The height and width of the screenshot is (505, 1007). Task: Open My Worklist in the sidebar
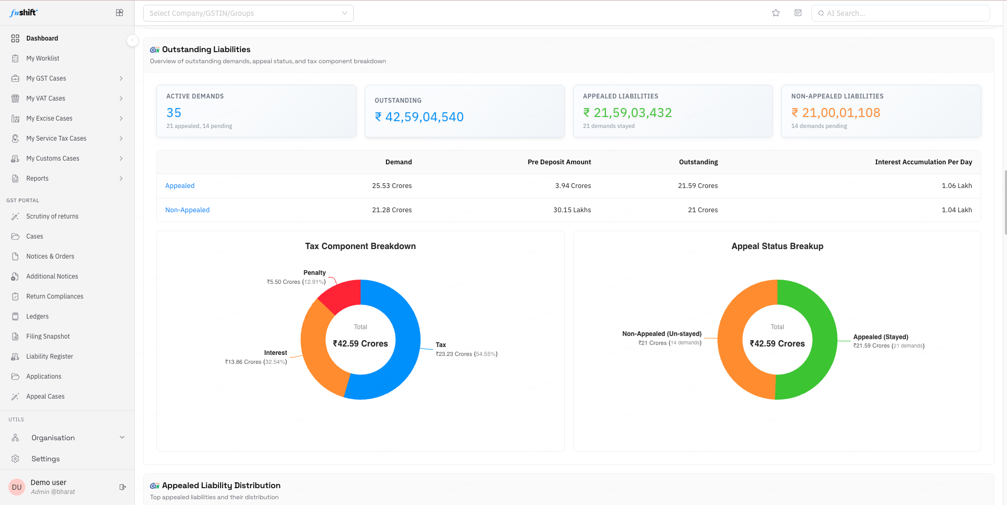tap(43, 58)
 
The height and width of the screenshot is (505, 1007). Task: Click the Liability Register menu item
tap(49, 357)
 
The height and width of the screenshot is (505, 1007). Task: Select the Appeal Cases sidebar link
tap(45, 397)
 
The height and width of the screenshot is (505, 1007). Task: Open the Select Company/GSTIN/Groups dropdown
tap(248, 13)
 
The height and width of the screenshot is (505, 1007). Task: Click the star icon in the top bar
tap(776, 13)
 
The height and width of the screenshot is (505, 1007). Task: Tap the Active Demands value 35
tap(174, 113)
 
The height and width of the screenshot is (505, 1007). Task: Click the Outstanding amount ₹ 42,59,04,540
tap(419, 117)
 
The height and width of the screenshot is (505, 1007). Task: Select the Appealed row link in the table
tap(180, 186)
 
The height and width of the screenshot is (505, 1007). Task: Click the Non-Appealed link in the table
tap(187, 210)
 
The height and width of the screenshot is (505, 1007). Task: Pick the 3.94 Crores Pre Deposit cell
tap(573, 186)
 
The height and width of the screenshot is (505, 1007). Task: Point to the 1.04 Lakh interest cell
tap(956, 210)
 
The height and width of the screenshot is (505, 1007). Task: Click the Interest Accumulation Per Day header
tap(923, 162)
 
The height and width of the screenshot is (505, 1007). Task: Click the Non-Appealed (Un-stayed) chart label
tap(662, 334)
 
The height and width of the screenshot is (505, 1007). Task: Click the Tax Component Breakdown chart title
tap(361, 246)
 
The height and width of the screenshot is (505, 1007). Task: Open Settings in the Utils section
tap(46, 459)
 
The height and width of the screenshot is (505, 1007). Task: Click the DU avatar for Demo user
tap(17, 487)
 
